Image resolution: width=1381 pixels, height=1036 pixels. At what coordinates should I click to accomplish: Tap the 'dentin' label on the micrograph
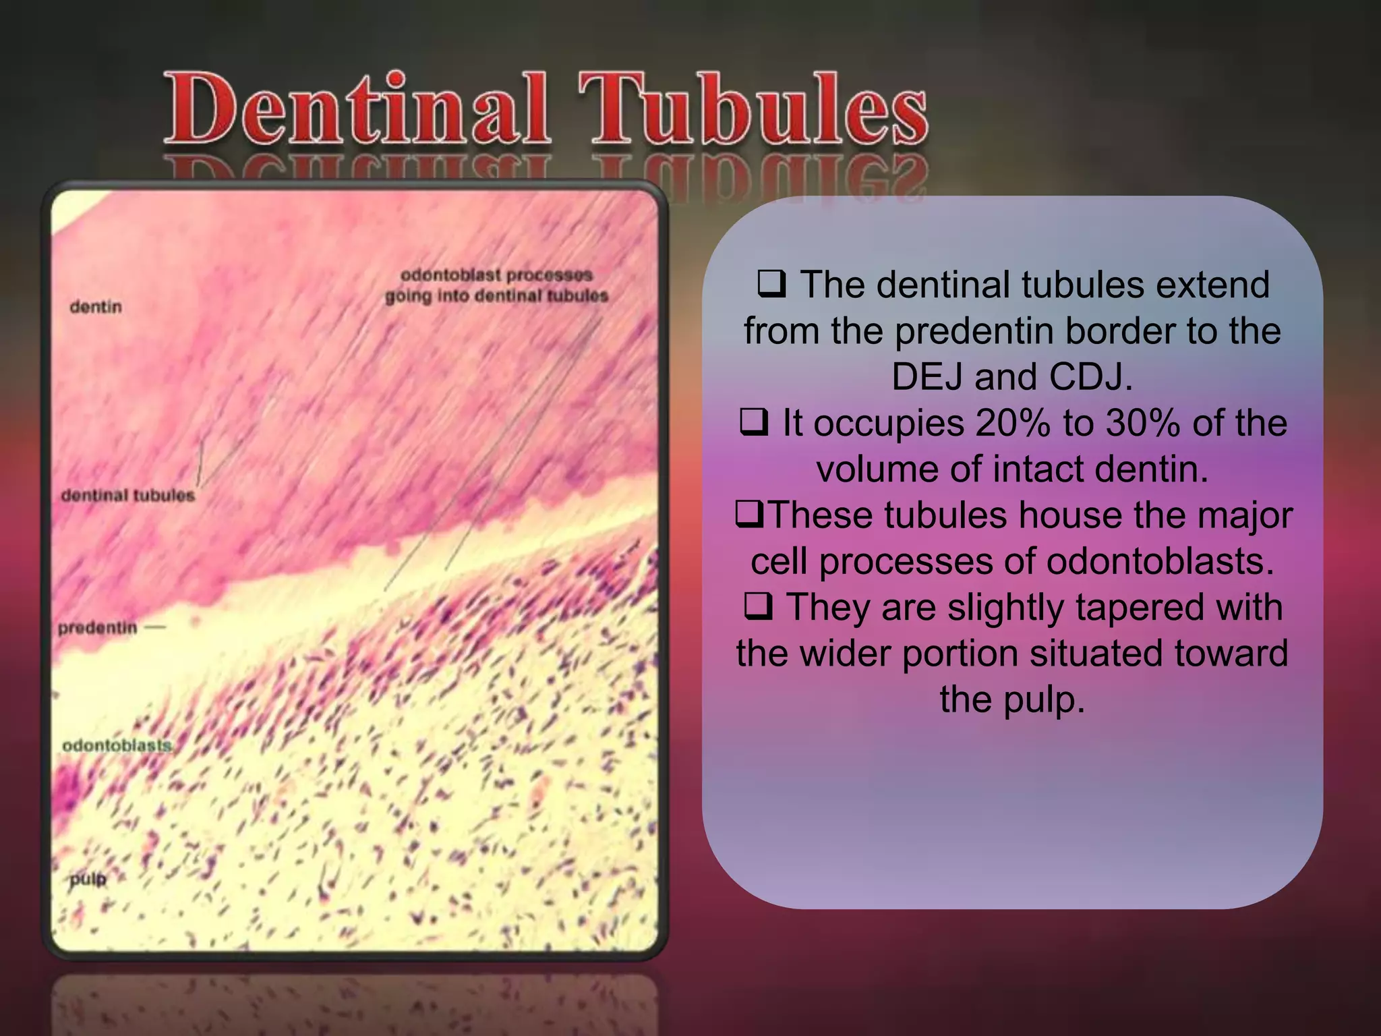96,307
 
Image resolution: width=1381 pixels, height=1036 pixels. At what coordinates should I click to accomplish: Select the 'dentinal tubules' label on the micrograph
127,495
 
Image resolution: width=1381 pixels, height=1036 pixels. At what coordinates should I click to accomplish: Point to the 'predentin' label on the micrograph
97,628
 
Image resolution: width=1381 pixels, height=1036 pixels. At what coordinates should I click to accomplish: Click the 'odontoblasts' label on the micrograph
117,745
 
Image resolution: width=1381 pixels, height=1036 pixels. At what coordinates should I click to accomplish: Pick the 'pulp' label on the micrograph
88,879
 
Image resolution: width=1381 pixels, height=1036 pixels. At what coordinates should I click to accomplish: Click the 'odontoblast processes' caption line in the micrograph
496,275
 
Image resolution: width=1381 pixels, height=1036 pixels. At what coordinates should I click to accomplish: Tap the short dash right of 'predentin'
155,628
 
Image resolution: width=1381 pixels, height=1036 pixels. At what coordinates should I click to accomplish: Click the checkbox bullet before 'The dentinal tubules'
771,283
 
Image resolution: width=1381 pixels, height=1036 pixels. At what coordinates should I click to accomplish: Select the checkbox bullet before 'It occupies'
753,422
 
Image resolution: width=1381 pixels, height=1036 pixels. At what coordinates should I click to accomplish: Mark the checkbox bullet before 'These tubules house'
748,514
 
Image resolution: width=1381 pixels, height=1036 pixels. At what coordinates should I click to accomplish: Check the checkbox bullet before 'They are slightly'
758,606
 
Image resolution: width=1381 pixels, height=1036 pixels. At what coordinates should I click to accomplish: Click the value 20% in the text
1012,424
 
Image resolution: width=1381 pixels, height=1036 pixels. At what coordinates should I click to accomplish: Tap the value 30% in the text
1142,424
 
